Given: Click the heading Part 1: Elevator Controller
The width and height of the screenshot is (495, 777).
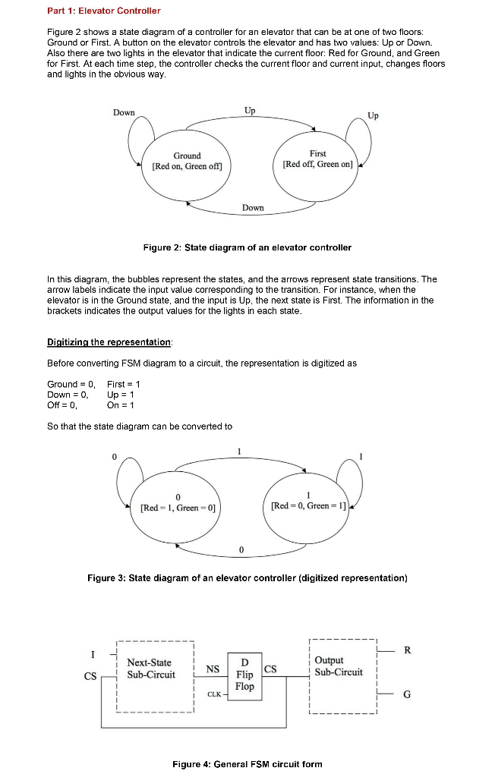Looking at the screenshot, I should (x=103, y=11).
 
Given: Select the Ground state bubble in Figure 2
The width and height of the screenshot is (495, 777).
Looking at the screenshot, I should (x=187, y=162).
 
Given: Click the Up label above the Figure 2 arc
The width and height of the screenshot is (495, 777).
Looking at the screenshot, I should (x=250, y=111).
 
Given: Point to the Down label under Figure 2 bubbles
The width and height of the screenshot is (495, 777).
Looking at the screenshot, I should (x=253, y=207).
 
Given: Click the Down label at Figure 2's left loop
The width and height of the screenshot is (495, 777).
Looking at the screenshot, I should (x=124, y=112).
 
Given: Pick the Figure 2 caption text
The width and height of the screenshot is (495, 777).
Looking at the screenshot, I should (x=247, y=247).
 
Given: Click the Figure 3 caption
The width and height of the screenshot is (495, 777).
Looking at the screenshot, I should (x=247, y=578).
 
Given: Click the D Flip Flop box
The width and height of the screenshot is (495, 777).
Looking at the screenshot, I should (x=244, y=673).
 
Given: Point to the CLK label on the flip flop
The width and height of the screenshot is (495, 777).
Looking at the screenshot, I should (x=215, y=694).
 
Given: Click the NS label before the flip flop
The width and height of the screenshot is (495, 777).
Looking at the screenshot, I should (x=213, y=669).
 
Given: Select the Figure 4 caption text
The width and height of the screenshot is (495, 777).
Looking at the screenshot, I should (x=247, y=764).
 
